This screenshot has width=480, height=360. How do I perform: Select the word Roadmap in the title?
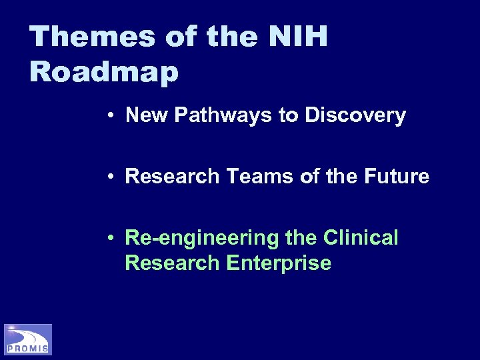pos(104,72)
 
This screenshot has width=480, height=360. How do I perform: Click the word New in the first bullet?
pos(144,116)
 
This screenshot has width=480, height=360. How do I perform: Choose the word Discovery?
pos(355,116)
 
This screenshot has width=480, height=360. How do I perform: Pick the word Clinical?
pos(361,237)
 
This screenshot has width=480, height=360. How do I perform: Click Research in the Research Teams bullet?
pos(172,177)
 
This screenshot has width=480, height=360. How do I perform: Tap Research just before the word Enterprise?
pos(172,263)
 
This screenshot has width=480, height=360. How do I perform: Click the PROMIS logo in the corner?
pos(28,339)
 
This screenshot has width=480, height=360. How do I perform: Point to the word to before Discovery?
pos(289,116)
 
